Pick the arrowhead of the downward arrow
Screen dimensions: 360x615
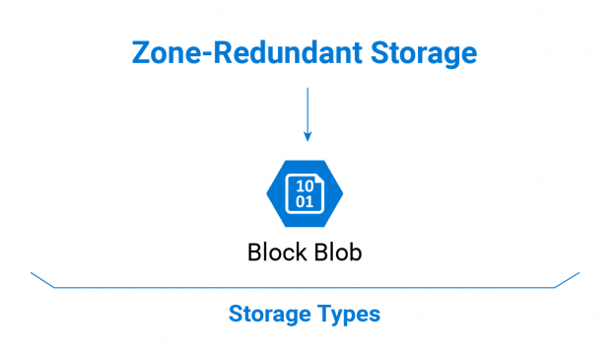[x=307, y=134]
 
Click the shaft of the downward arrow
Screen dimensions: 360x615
[x=307, y=108]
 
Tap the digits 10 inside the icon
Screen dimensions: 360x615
[x=306, y=186]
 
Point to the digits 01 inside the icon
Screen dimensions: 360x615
[x=306, y=201]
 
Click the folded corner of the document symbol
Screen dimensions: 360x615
[x=317, y=180]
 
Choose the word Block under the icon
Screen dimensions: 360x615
[x=275, y=252]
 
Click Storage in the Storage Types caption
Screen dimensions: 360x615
[x=264, y=315]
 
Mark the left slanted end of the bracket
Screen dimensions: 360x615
[x=42, y=279]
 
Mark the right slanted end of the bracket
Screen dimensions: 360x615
[x=567, y=279]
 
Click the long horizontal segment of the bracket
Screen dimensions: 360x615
[x=305, y=287]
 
